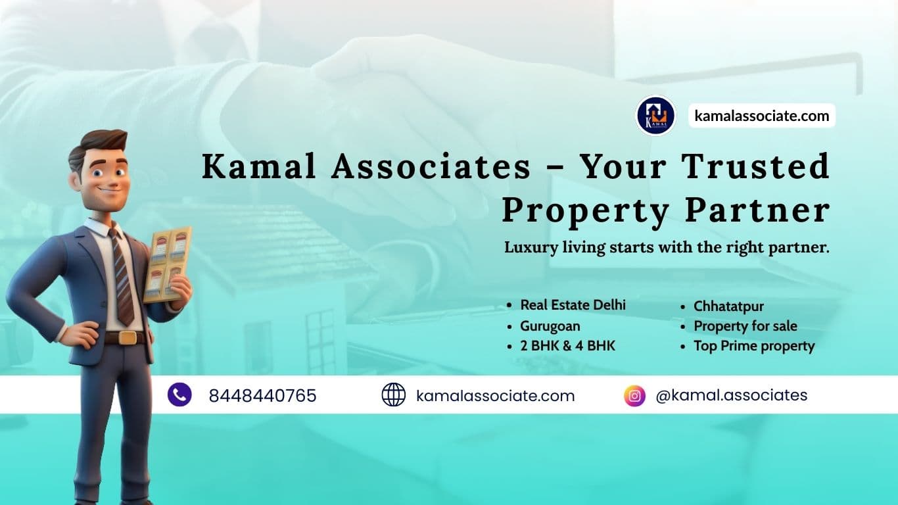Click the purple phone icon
pos(179,395)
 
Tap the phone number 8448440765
pos(262,396)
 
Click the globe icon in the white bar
pos(393,395)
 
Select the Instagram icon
pos(634,395)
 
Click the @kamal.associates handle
pos(731,395)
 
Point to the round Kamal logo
pos(655,116)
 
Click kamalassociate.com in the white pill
pos(762,116)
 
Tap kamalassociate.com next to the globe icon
pos(495,396)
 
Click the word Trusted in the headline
pos(755,166)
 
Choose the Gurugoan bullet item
pos(550,325)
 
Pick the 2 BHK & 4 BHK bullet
pos(567,346)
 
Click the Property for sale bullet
pos(745,325)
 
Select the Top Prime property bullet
pos(754,346)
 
